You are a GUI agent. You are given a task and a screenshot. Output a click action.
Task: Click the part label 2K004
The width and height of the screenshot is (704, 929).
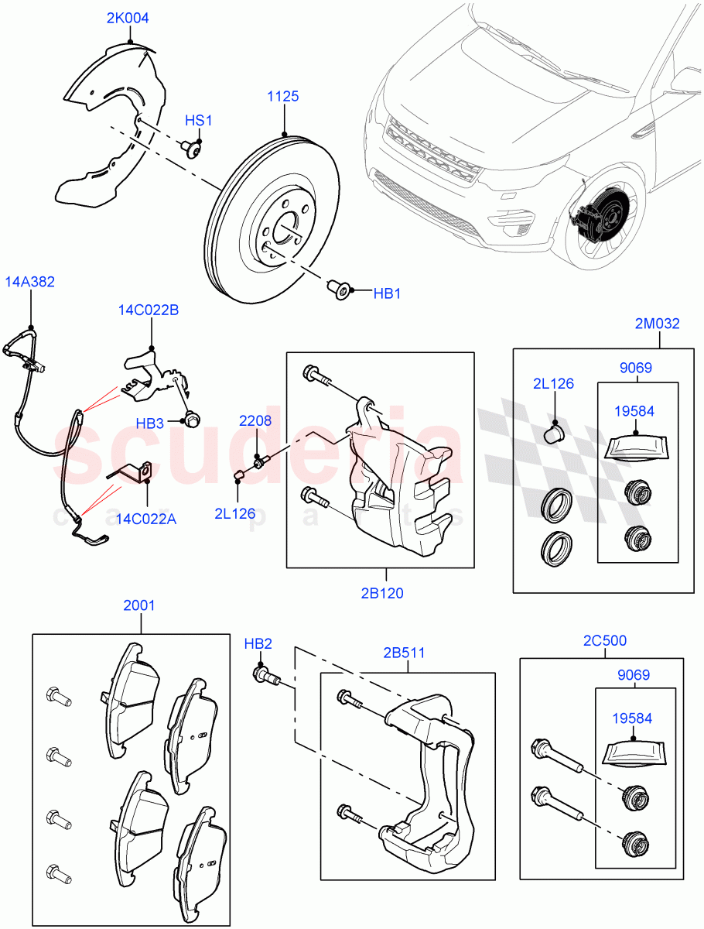128,18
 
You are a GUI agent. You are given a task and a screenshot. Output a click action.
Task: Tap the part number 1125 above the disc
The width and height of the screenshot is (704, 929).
283,97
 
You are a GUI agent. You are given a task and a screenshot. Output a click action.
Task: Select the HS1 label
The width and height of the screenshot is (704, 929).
198,121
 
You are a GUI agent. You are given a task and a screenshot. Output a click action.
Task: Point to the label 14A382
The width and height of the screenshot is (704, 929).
30,282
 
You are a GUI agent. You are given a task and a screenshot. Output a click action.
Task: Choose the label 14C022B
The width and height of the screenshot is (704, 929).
149,310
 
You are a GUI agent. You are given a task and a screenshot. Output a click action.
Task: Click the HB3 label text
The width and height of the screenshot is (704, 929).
150,424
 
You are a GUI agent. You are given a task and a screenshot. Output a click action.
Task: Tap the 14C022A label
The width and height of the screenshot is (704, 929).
147,519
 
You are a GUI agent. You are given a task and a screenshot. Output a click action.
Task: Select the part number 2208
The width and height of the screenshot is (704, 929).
255,421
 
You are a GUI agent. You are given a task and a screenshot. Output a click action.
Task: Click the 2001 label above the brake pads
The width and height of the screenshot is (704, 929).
139,605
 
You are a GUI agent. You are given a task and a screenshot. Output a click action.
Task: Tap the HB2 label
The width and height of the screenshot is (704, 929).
258,644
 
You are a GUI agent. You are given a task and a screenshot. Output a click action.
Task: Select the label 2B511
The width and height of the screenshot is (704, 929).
403,653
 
